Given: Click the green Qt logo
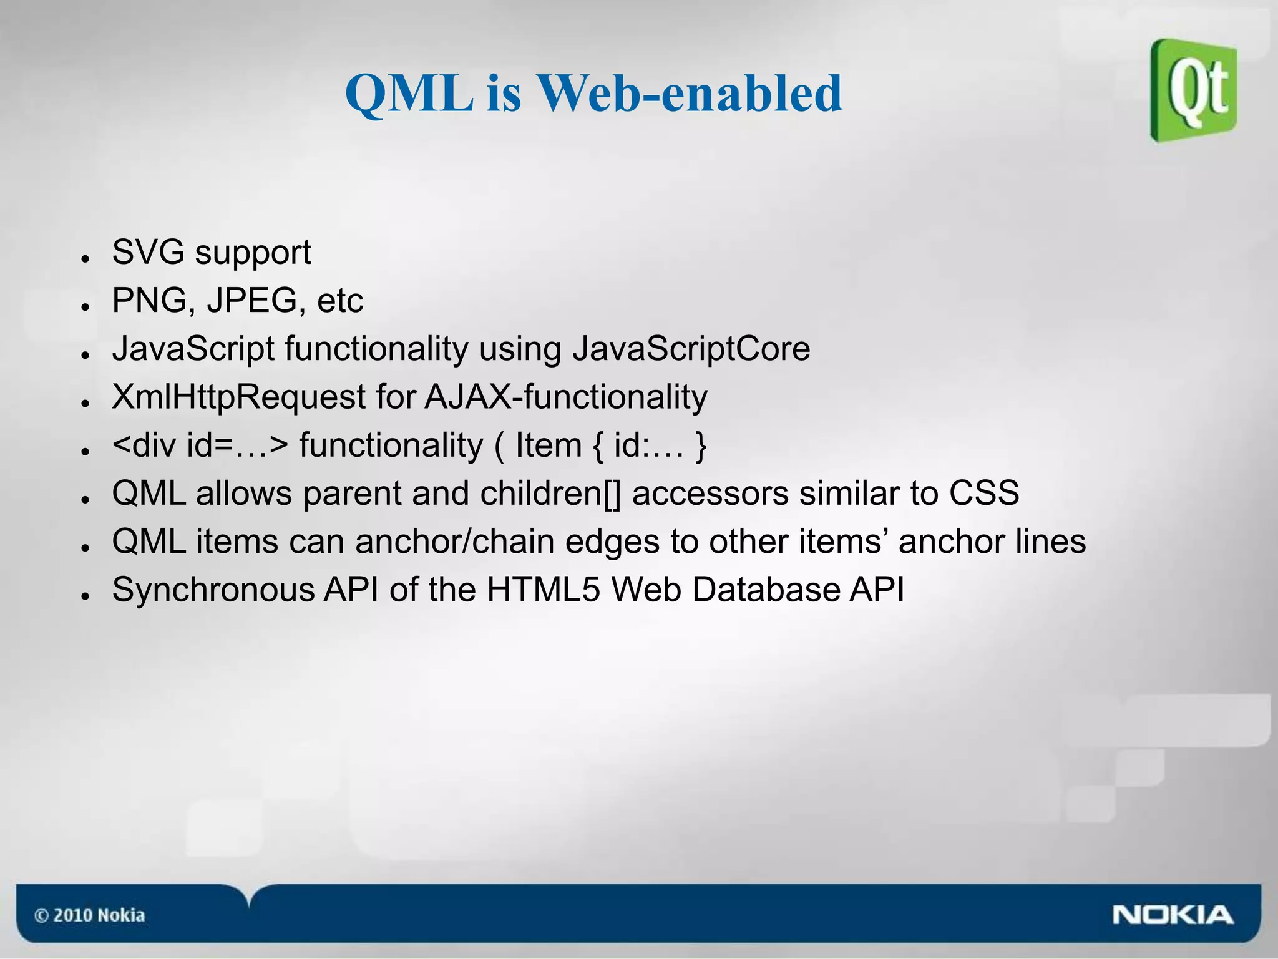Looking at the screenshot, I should point(1193,90).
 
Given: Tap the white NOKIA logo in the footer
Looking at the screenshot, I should point(1173,915).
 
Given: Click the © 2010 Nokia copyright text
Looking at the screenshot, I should point(90,915).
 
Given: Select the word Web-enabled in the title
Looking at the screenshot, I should point(690,94).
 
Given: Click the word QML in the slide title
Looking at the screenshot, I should point(409,94).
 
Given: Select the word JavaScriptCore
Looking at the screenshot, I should point(691,349).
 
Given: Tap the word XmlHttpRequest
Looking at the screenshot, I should point(238,397).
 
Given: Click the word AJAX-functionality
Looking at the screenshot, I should point(566,397).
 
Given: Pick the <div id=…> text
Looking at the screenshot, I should point(200,445).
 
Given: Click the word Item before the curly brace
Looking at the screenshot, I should point(548,445).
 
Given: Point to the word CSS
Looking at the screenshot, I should point(984,494).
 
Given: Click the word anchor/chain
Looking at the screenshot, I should point(454,542).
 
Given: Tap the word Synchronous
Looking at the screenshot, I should point(213,590).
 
